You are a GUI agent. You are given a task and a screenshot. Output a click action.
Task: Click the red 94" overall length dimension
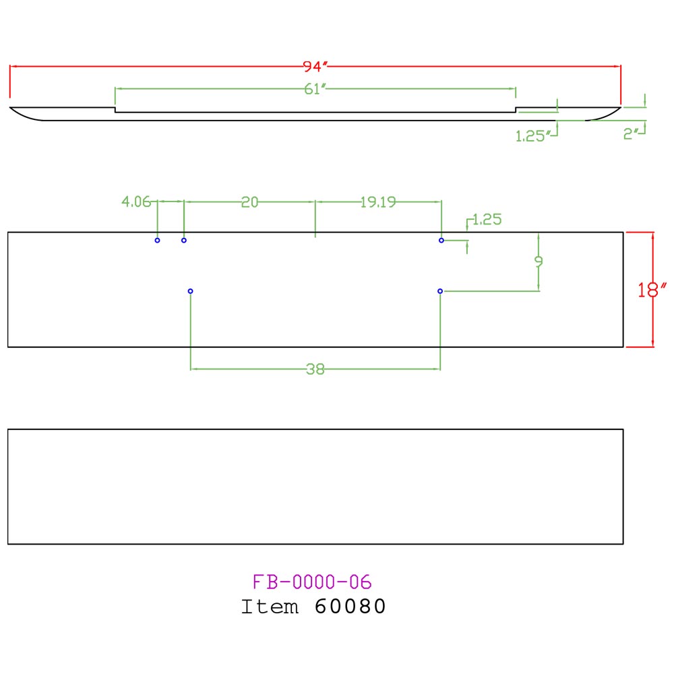click(x=315, y=67)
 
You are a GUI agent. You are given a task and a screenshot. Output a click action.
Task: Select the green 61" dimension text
click(x=315, y=89)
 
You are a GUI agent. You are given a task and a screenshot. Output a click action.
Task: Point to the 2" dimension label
click(x=631, y=134)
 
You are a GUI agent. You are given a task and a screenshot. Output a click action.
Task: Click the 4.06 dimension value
click(x=136, y=202)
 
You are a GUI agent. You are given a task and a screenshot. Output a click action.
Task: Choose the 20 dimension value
click(x=250, y=202)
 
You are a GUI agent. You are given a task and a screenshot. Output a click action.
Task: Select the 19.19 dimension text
click(x=378, y=202)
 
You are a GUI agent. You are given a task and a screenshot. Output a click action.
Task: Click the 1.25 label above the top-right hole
click(x=487, y=220)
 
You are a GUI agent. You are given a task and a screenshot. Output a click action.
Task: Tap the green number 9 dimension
click(x=539, y=261)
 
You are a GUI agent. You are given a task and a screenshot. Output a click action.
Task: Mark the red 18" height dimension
click(x=652, y=290)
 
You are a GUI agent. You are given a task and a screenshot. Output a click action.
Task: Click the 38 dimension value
click(x=315, y=369)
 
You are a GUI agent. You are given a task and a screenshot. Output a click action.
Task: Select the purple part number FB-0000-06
click(x=312, y=582)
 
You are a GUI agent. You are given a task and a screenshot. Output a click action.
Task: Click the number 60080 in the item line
click(x=350, y=607)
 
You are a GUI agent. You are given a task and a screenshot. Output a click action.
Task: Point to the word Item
click(x=270, y=607)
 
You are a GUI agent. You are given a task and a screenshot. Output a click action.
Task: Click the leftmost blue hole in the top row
click(x=157, y=241)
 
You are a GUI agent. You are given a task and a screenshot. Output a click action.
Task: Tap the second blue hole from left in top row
click(x=184, y=241)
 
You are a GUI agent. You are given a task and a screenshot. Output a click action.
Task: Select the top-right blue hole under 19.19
click(x=441, y=241)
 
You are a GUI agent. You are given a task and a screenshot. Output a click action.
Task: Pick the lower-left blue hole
click(x=191, y=291)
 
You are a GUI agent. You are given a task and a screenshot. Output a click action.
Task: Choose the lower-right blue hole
click(x=440, y=291)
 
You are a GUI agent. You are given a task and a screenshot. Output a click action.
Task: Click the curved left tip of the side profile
click(x=10, y=107)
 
